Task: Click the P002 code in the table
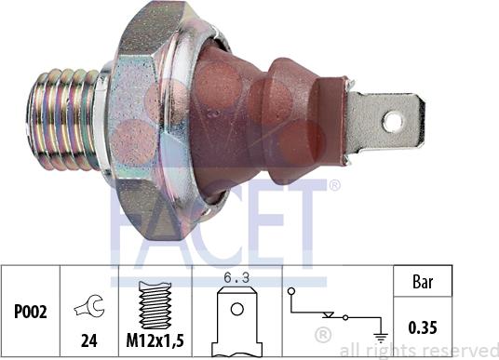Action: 31,312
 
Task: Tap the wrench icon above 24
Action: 90,306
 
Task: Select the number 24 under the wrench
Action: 89,340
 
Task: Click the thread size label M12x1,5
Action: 155,340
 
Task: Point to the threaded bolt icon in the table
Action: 155,305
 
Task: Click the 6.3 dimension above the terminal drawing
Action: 236,277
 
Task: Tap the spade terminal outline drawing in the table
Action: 237,321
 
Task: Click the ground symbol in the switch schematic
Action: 381,338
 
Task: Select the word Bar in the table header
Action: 423,282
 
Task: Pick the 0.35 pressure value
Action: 423,327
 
